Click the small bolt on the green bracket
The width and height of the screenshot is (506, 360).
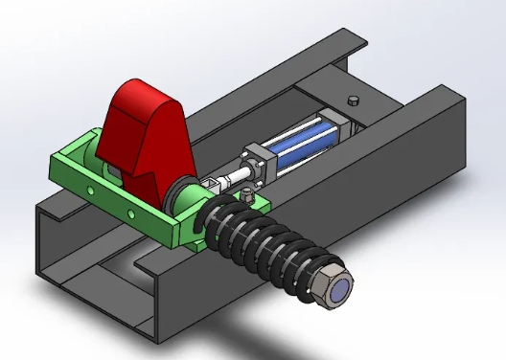(248, 198)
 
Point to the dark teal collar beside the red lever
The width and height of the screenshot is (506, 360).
(182, 197)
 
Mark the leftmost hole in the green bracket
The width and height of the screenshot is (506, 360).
(66, 173)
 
